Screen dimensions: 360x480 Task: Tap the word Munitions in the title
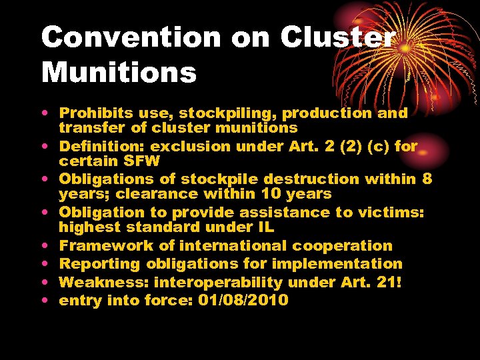pyautogui.click(x=119, y=72)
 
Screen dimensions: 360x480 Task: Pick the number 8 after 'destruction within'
pyautogui.click(x=427, y=179)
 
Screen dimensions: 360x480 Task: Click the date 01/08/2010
pyautogui.click(x=243, y=300)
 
